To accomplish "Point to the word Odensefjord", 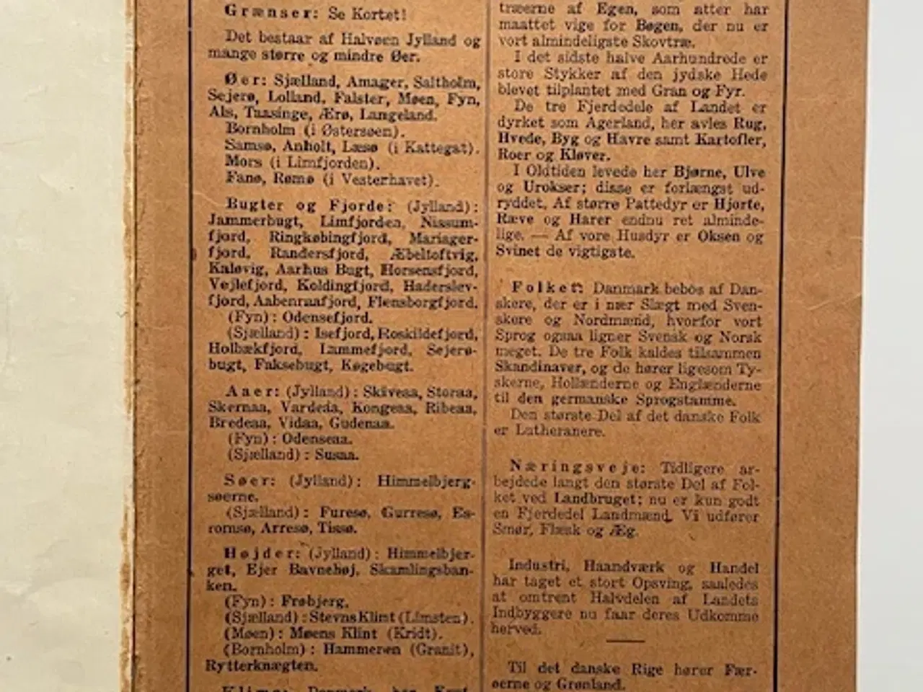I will pos(327,318).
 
